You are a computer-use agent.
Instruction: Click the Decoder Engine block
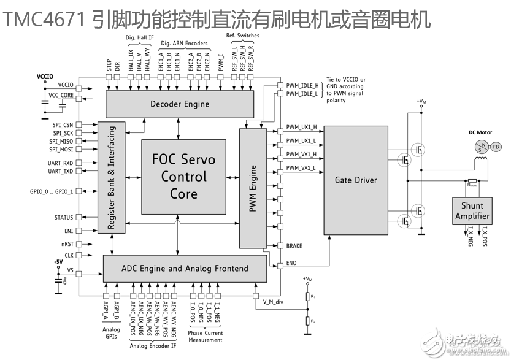pyautogui.click(x=180, y=104)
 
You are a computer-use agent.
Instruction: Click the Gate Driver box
pyautogui.click(x=356, y=180)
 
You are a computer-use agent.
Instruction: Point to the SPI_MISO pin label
pyautogui.click(x=61, y=141)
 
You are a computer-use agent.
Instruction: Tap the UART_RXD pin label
pyautogui.click(x=61, y=163)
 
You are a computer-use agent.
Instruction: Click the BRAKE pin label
pyautogui.click(x=294, y=246)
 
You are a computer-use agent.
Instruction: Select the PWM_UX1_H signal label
pyautogui.click(x=301, y=128)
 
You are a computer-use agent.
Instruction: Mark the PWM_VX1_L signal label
pyautogui.click(x=301, y=167)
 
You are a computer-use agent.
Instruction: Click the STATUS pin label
pyautogui.click(x=63, y=217)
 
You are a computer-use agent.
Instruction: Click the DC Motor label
pyautogui.click(x=480, y=132)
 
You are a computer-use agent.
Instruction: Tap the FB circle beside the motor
pyautogui.click(x=496, y=147)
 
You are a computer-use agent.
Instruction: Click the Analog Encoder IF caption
pyautogui.click(x=153, y=345)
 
